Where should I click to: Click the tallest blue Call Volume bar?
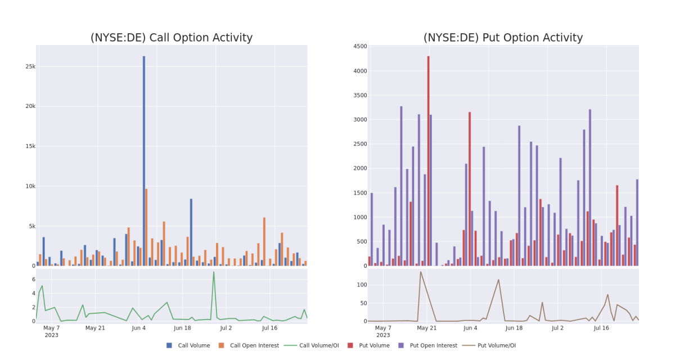[x=144, y=161]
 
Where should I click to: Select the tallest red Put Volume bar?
[x=428, y=161]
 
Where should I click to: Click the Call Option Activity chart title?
[x=172, y=38]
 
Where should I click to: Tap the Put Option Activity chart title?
[x=503, y=38]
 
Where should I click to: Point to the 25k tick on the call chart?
[x=30, y=66]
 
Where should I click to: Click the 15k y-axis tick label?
[x=30, y=146]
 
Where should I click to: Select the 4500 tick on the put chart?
[x=360, y=46]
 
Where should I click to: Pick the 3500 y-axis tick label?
[x=360, y=96]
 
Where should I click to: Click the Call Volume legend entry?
[x=188, y=345]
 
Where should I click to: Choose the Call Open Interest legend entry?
[x=249, y=345]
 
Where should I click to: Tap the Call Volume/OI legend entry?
[x=312, y=345]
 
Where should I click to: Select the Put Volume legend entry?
[x=368, y=345]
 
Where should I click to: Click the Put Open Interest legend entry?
[x=428, y=345]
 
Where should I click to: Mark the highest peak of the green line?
[x=214, y=272]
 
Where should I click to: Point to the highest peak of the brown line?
[x=421, y=272]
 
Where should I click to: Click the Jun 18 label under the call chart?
[x=182, y=328]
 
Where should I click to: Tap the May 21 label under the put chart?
[x=427, y=328]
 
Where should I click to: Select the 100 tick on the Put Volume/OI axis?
[x=362, y=285]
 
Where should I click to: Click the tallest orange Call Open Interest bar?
[x=146, y=227]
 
